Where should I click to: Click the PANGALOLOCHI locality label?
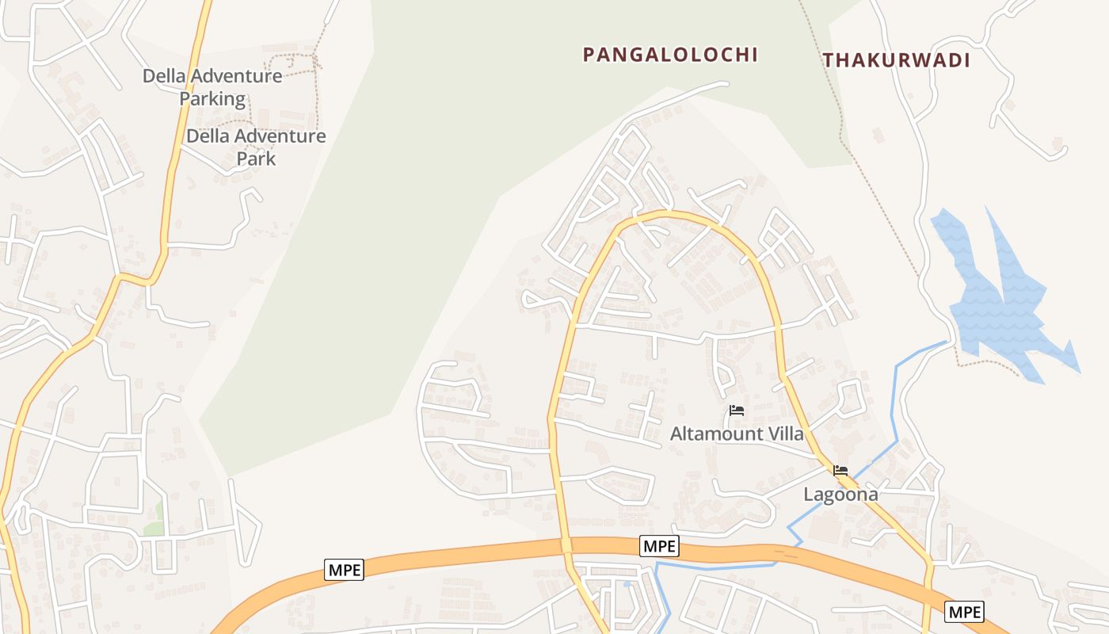(x=670, y=55)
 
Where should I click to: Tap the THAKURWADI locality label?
(x=896, y=60)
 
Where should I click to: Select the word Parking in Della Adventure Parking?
(x=212, y=99)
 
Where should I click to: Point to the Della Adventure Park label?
(x=256, y=147)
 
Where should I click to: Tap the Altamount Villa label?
(x=737, y=433)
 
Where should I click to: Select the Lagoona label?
(x=840, y=495)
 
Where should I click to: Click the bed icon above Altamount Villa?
(x=737, y=411)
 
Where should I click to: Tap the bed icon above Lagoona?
(x=840, y=471)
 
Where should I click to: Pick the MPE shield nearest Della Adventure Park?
(x=344, y=569)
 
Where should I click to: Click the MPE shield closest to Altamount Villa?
(x=659, y=545)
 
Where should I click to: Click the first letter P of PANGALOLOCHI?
(x=589, y=55)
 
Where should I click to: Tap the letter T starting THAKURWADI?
(x=828, y=60)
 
